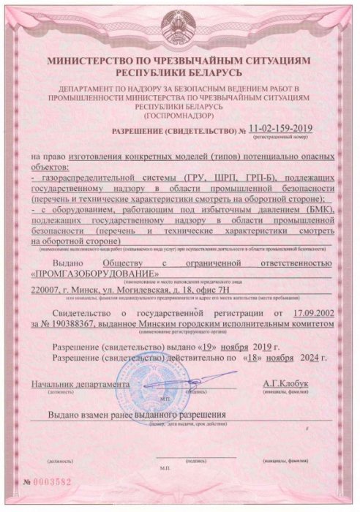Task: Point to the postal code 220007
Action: pos(49,290)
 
